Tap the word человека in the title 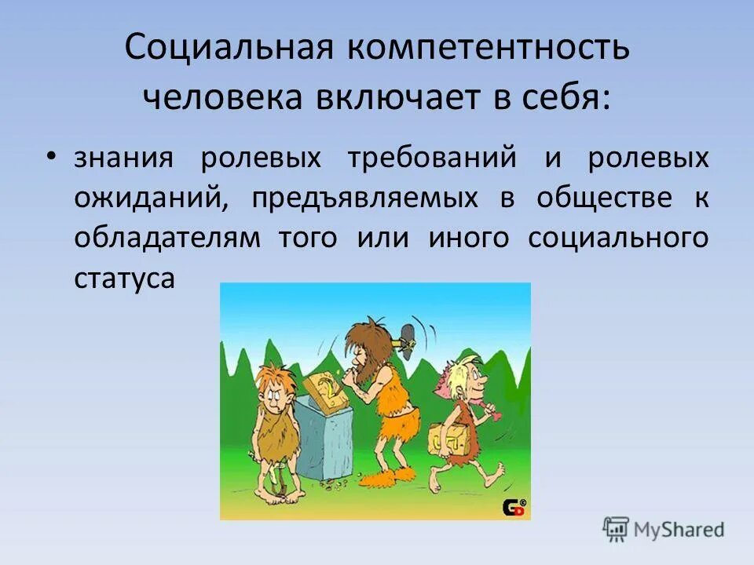(223, 98)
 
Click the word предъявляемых (364, 198)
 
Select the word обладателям (167, 238)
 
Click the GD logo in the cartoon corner (514, 507)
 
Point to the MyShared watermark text (675, 529)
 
